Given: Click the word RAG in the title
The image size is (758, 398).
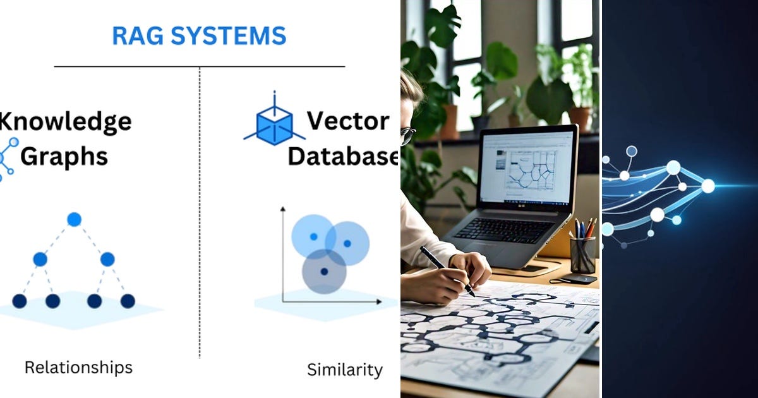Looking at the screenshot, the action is click(138, 35).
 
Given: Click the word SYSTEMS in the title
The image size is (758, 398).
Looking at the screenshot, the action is click(229, 35).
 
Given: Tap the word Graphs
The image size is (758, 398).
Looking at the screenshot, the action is click(64, 157).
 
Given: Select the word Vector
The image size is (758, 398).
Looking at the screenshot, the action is click(348, 121).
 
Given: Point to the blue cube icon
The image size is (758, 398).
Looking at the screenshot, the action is click(274, 124).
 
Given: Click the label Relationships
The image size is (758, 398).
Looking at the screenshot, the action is click(78, 368).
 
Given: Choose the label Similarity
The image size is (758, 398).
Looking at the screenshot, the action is click(345, 370).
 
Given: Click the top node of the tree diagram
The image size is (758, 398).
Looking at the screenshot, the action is click(74, 220).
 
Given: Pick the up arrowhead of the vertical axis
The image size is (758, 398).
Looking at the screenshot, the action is click(283, 209).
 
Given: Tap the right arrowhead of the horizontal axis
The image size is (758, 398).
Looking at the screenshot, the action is click(379, 301).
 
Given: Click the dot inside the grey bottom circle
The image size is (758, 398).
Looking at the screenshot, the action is click(324, 272).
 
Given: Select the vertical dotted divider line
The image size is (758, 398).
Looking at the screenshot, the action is click(200, 212).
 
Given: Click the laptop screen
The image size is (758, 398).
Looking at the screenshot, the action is click(527, 167).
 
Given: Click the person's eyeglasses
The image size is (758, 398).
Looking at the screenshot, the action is click(408, 135).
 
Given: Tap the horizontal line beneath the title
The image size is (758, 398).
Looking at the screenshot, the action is click(200, 67).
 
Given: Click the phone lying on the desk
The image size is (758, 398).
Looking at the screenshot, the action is click(574, 279).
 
